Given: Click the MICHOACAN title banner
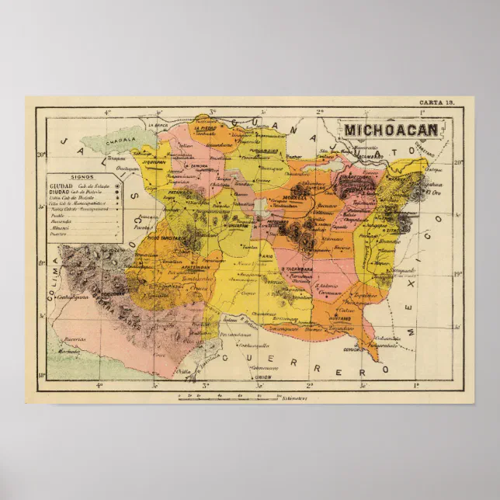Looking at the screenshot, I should click(391, 129).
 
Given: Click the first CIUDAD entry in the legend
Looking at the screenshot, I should click(61, 186).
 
